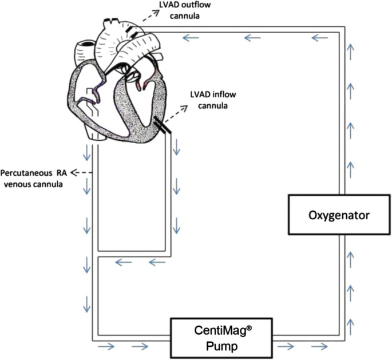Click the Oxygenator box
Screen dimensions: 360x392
point(339,215)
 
